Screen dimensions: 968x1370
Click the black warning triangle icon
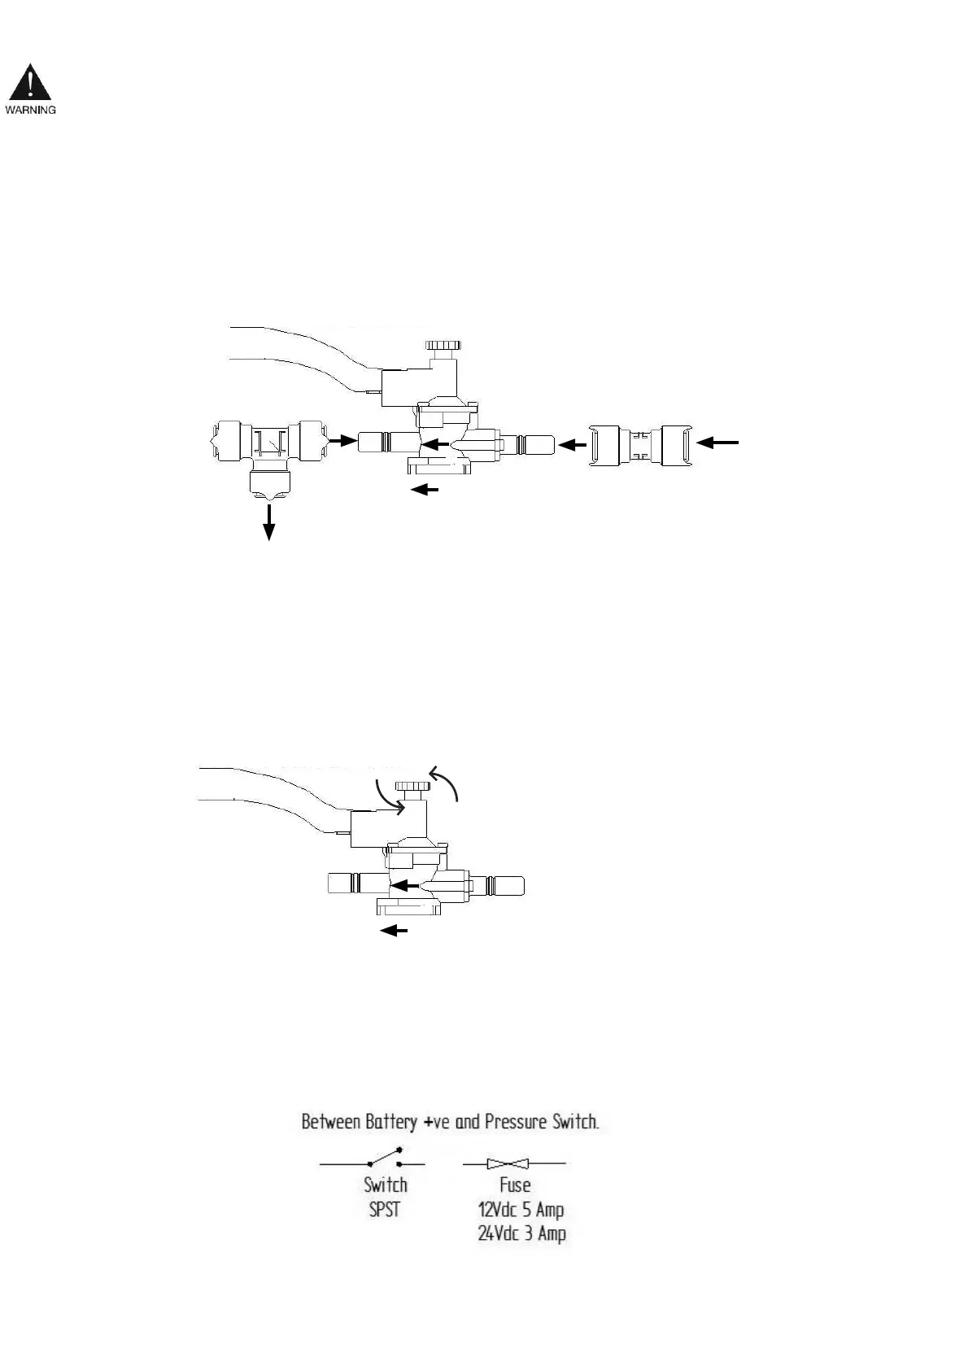click(30, 84)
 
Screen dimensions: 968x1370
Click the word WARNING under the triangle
click(31, 110)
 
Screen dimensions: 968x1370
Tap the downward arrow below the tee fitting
click(268, 521)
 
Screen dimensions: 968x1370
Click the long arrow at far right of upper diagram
click(720, 442)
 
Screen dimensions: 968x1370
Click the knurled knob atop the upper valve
click(445, 345)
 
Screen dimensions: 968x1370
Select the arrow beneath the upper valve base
click(425, 490)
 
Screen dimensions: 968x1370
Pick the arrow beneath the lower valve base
click(395, 931)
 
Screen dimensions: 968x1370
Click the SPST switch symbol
click(384, 1158)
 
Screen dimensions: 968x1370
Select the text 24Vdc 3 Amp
click(521, 1233)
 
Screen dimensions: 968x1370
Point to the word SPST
click(385, 1209)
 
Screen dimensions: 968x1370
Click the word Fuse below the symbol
click(515, 1185)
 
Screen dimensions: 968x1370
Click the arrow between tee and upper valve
click(342, 441)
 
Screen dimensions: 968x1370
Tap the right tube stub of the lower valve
click(506, 886)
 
